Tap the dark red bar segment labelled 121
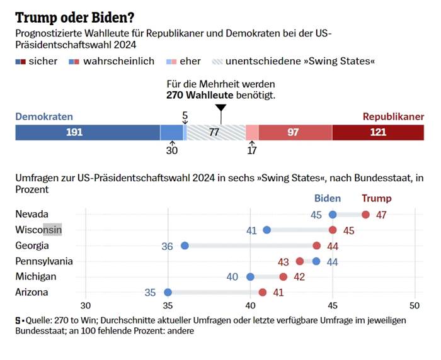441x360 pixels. pyautogui.click(x=378, y=132)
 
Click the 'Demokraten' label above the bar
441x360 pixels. pyautogui.click(x=44, y=116)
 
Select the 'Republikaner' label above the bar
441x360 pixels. pyautogui.click(x=393, y=116)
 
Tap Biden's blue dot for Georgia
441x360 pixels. pyautogui.click(x=185, y=245)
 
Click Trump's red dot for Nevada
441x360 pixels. pyautogui.click(x=365, y=215)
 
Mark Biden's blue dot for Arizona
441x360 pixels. pyautogui.click(x=168, y=292)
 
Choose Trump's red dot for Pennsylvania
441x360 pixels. pyautogui.click(x=300, y=261)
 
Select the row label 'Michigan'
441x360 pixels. pyautogui.click(x=36, y=276)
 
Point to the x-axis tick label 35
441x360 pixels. pyautogui.click(x=168, y=306)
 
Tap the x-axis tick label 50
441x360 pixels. pyautogui.click(x=415, y=306)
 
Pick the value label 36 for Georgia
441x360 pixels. pyautogui.click(x=168, y=246)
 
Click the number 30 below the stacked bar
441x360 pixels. pyautogui.click(x=172, y=150)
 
